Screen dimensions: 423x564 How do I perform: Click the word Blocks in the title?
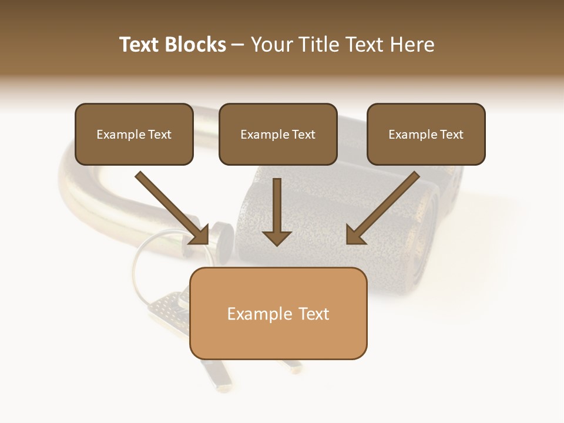195,45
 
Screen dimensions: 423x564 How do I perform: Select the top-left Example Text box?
134,134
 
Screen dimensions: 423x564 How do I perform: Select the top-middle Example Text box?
278,134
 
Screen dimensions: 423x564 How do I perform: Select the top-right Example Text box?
426,134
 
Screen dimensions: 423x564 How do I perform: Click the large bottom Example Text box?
278,313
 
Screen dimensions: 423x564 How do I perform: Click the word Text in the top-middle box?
303,135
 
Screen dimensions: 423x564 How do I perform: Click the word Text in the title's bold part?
139,45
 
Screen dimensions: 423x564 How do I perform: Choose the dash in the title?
238,45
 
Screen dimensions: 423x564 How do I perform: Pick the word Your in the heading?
271,45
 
